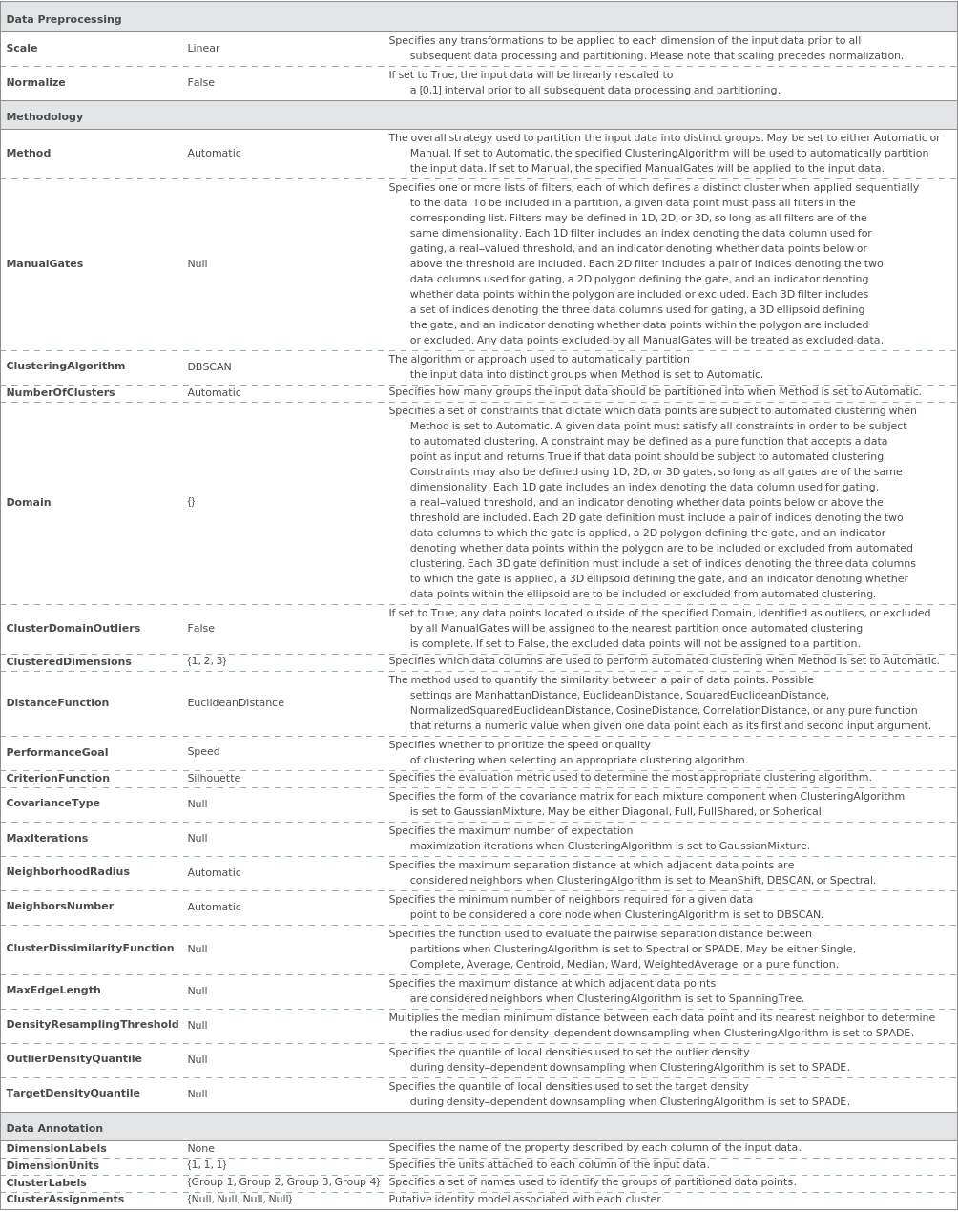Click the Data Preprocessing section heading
pos(64,19)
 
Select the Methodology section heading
pos(45,116)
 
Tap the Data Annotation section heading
pos(54,1128)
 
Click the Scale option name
pos(22,48)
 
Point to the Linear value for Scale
pos(203,48)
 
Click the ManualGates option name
pos(45,263)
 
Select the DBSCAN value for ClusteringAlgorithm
pos(209,366)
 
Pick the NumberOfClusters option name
pos(60,392)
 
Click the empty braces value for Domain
pos(191,502)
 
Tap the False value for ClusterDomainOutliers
pos(200,628)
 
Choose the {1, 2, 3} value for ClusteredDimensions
pos(207,660)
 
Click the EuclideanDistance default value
pos(236,702)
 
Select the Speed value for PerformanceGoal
pos(203,751)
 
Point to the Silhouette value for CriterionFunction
pos(214,778)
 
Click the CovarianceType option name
pos(53,803)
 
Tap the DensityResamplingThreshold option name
pos(93,1024)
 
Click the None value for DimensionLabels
pos(200,1148)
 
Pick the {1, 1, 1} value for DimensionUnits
pos(207,1164)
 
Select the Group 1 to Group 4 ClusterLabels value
pos(283,1181)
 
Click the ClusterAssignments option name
pos(65,1199)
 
